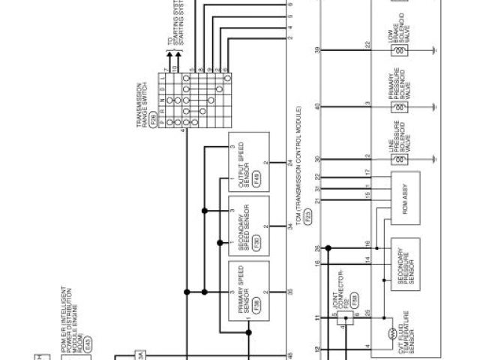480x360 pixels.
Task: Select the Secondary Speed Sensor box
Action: [x=248, y=226]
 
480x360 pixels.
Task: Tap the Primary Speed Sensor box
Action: [x=248, y=289]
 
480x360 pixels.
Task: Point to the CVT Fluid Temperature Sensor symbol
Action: [x=392, y=330]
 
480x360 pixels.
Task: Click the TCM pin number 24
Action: [x=289, y=163]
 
